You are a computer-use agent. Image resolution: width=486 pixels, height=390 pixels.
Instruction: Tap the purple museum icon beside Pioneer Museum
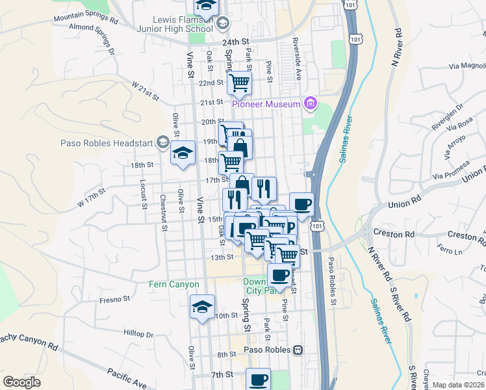[311, 103]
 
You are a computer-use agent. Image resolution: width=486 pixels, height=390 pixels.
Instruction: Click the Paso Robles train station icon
[298, 350]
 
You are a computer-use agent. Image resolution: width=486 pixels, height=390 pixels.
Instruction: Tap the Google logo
[22, 382]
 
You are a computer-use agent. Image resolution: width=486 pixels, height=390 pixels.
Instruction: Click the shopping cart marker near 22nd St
[240, 83]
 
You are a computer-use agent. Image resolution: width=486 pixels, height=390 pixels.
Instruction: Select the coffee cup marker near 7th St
[258, 379]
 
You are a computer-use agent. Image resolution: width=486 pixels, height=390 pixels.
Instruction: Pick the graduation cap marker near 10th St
[202, 306]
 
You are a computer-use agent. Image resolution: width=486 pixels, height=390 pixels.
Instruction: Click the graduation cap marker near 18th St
[183, 153]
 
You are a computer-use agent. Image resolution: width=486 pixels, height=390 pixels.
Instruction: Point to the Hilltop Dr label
[138, 333]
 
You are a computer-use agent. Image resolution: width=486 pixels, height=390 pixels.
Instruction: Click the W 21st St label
[145, 90]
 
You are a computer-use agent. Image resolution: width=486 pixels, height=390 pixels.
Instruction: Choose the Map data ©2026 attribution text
[458, 385]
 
